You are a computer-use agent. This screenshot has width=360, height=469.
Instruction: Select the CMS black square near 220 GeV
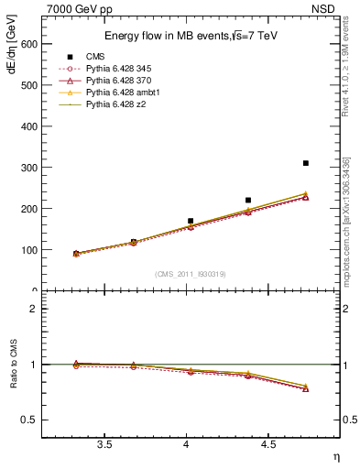(248, 200)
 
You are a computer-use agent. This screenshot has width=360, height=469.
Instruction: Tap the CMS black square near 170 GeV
(191, 221)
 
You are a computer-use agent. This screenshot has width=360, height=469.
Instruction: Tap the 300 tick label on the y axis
(28, 168)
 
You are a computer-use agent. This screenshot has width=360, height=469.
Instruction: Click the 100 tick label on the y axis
(28, 250)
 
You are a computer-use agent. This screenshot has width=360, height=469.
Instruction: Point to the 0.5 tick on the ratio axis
(30, 420)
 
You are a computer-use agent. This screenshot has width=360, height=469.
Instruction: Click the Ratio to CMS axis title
(12, 364)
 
